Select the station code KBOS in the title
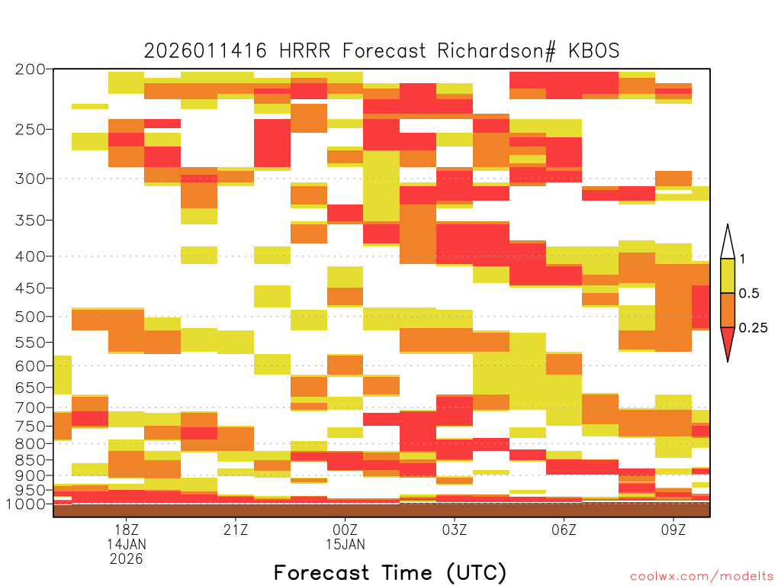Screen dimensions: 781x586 click(594, 51)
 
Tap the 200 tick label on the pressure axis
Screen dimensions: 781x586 click(31, 69)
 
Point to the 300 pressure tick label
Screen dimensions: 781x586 click(31, 179)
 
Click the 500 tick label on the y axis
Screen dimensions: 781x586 click(31, 317)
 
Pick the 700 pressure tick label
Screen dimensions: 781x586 click(31, 407)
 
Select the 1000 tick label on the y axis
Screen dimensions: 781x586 click(25, 504)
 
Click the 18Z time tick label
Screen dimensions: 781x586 click(127, 530)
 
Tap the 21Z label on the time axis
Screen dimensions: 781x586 click(236, 530)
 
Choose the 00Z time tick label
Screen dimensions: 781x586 click(346, 530)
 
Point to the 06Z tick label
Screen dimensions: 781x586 click(564, 530)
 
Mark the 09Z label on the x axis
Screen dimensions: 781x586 click(673, 530)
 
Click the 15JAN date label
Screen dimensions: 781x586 click(346, 544)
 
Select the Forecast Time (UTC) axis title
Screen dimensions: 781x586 click(390, 573)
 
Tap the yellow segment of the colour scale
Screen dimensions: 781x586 click(728, 275)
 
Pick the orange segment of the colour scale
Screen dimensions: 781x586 click(728, 310)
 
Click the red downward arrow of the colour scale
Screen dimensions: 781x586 click(728, 342)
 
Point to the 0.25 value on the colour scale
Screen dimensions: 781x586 click(753, 328)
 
